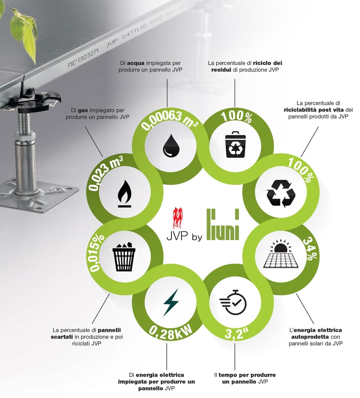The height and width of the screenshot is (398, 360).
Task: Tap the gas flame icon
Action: pyautogui.click(x=125, y=194)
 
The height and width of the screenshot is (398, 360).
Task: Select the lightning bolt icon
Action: pyautogui.click(x=171, y=302)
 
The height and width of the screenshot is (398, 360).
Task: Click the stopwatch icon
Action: pyautogui.click(x=233, y=302)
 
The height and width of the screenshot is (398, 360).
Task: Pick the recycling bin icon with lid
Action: pyautogui.click(x=235, y=145)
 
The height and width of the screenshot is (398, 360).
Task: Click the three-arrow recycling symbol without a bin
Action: pyautogui.click(x=281, y=193)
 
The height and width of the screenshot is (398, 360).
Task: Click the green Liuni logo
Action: pyautogui.click(x=223, y=224)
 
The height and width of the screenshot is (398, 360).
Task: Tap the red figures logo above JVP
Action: pyautogui.click(x=177, y=218)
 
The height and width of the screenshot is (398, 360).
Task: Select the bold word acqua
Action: pyautogui.click(x=135, y=63)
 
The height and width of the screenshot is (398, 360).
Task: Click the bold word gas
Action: pyautogui.click(x=83, y=110)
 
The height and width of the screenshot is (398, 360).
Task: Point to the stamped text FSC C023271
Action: pyautogui.click(x=83, y=57)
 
